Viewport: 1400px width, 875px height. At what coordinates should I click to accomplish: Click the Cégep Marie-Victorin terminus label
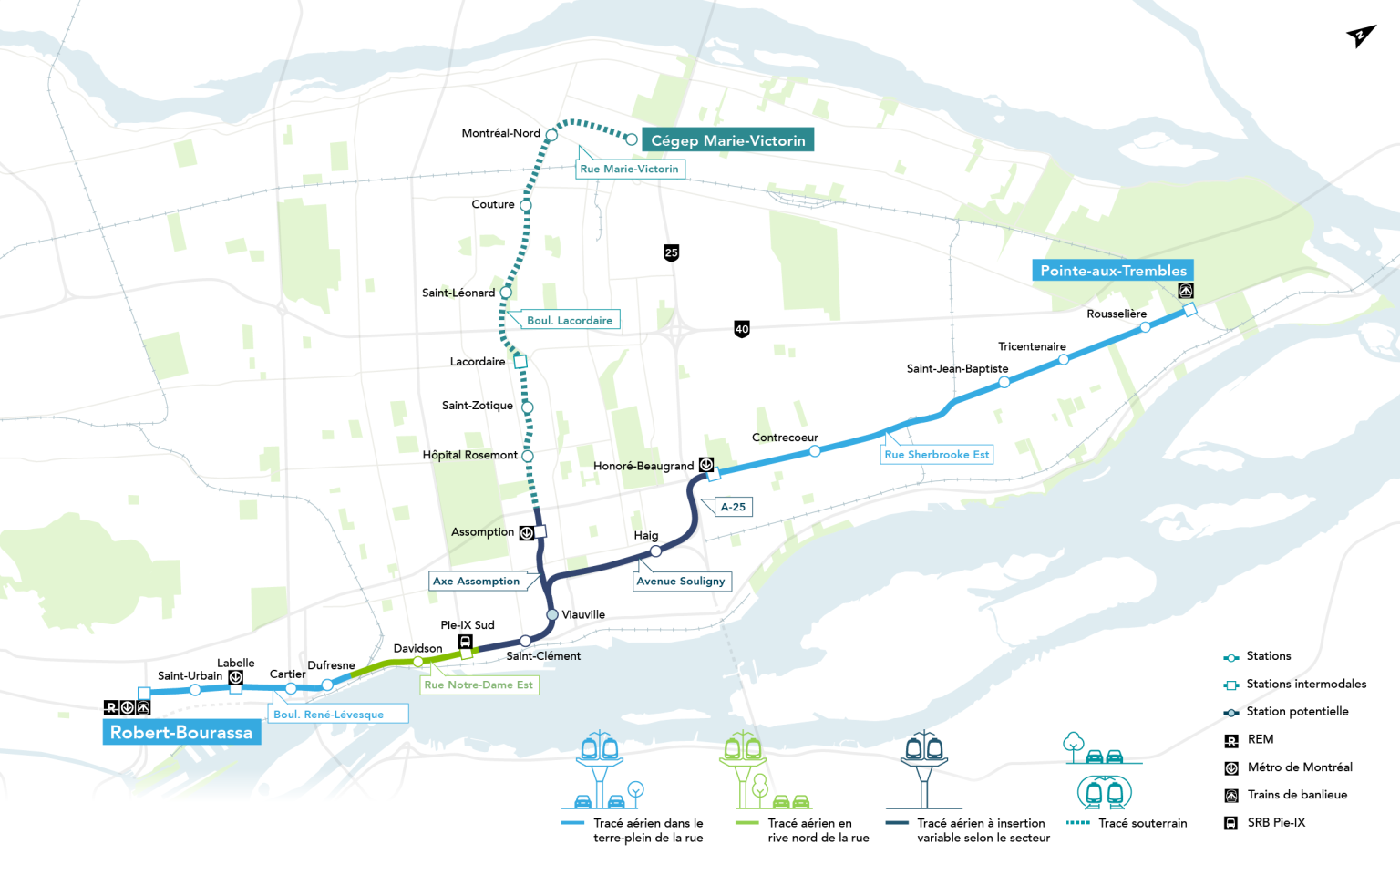(x=727, y=140)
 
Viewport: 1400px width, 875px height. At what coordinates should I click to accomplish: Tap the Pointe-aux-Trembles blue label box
(x=1113, y=271)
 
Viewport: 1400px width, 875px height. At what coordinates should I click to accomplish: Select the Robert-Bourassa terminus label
(x=181, y=733)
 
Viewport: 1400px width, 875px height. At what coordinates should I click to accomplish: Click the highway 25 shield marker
(x=671, y=252)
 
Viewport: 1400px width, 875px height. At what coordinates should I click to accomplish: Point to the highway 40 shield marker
(x=742, y=329)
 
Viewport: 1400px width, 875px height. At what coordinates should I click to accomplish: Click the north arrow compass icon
(x=1360, y=36)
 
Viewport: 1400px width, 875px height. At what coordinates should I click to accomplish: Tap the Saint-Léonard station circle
(x=506, y=293)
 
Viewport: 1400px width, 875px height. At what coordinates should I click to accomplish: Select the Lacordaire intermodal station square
(x=520, y=362)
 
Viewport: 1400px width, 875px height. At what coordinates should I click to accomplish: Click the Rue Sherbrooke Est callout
(x=936, y=455)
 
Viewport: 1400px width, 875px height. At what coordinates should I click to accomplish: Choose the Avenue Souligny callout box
(x=681, y=582)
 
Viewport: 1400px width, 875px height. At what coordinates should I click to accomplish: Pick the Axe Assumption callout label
(x=477, y=582)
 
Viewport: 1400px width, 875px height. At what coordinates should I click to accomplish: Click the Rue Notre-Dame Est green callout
(x=479, y=685)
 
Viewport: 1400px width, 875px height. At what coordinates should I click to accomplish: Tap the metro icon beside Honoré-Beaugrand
(x=706, y=465)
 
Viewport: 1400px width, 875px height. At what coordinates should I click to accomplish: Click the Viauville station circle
(x=552, y=615)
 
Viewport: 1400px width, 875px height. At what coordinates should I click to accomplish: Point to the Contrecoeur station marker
(x=815, y=451)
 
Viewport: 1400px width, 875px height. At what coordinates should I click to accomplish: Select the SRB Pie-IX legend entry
(x=1275, y=823)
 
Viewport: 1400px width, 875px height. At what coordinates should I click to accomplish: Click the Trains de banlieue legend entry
(x=1296, y=795)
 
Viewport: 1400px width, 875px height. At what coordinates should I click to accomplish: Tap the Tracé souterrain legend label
(x=1142, y=823)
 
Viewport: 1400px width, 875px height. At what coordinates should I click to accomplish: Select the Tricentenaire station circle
(x=1064, y=360)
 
